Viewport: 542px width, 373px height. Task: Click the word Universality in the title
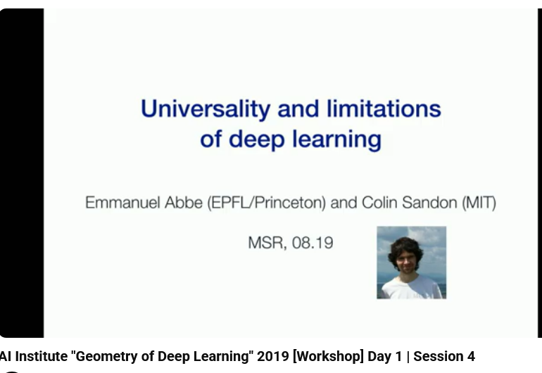pos(206,110)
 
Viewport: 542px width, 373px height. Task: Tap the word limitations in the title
pos(384,108)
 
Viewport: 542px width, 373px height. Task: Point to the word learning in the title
pos(337,139)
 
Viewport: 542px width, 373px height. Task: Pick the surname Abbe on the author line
pos(184,203)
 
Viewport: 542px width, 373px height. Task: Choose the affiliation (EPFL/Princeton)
pos(267,203)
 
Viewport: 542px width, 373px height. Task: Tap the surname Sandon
pos(429,203)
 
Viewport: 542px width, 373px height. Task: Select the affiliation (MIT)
pos(479,203)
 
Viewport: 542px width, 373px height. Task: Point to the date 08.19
pos(313,243)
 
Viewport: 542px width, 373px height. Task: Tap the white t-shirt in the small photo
pos(411,289)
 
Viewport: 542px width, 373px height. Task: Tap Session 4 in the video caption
pos(444,356)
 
